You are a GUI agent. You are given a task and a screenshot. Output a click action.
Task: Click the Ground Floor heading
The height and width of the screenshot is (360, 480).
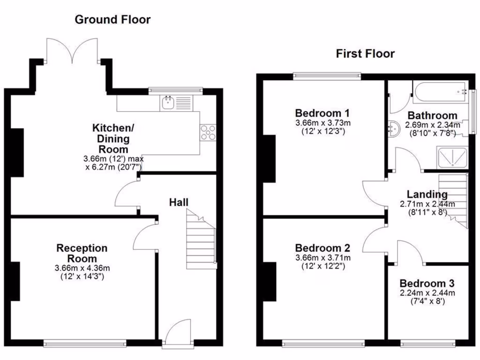point(112,20)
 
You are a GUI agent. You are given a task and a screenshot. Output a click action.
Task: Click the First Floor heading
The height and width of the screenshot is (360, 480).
point(365,54)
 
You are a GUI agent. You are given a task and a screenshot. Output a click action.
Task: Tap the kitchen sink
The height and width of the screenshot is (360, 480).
point(168,103)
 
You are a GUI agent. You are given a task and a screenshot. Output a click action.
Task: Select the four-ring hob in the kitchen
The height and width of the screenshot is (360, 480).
point(208,133)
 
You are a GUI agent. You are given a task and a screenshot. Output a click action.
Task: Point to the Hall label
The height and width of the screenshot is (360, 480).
point(179,202)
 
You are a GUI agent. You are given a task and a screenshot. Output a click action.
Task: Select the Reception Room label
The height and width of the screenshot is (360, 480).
point(82,253)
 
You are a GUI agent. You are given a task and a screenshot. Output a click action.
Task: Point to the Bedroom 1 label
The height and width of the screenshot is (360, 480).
point(322,113)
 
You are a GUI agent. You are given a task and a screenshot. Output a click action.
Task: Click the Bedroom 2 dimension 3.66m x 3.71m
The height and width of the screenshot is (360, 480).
point(322,258)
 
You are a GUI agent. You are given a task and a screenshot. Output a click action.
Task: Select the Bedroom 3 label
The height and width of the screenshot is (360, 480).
point(427,284)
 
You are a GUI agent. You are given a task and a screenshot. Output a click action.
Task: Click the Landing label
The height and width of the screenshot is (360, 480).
point(427,195)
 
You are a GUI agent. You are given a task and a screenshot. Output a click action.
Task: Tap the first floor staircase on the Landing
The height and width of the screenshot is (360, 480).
point(454,199)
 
